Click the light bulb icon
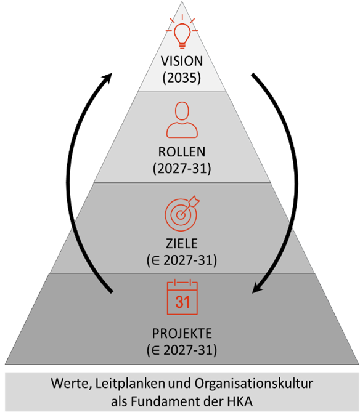[x=182, y=32]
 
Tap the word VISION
[x=182, y=61]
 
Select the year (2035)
[x=182, y=78]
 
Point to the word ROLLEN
[x=182, y=152]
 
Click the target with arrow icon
[x=182, y=213]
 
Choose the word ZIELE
[x=182, y=243]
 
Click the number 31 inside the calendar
[x=182, y=302]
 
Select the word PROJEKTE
[x=182, y=334]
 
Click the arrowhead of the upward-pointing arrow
[x=107, y=78]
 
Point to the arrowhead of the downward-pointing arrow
[x=256, y=288]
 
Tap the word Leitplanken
[x=130, y=384]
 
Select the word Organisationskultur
[x=254, y=384]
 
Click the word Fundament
[x=166, y=401]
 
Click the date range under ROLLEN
[x=182, y=168]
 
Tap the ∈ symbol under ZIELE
[x=156, y=260]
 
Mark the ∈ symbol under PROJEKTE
[x=156, y=350]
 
